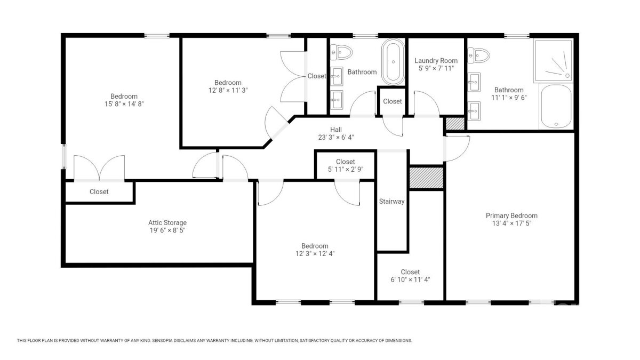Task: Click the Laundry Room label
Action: point(436,61)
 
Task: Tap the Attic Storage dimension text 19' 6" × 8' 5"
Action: point(167,230)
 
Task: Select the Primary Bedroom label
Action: point(511,215)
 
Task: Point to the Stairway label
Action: point(391,202)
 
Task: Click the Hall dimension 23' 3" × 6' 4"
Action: point(336,138)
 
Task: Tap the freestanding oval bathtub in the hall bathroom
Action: point(393,62)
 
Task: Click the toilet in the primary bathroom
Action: point(478,55)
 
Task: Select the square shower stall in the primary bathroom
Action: point(554,61)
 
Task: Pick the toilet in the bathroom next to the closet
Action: point(341,52)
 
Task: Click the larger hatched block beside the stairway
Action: point(426,178)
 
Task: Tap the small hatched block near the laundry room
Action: point(455,123)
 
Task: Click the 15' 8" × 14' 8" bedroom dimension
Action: point(124,104)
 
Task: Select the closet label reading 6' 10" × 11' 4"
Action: point(410,279)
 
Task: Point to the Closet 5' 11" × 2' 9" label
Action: point(346,165)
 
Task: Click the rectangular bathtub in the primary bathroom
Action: point(556,106)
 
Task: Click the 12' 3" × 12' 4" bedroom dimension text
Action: point(315,254)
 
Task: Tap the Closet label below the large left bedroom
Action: point(99,191)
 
